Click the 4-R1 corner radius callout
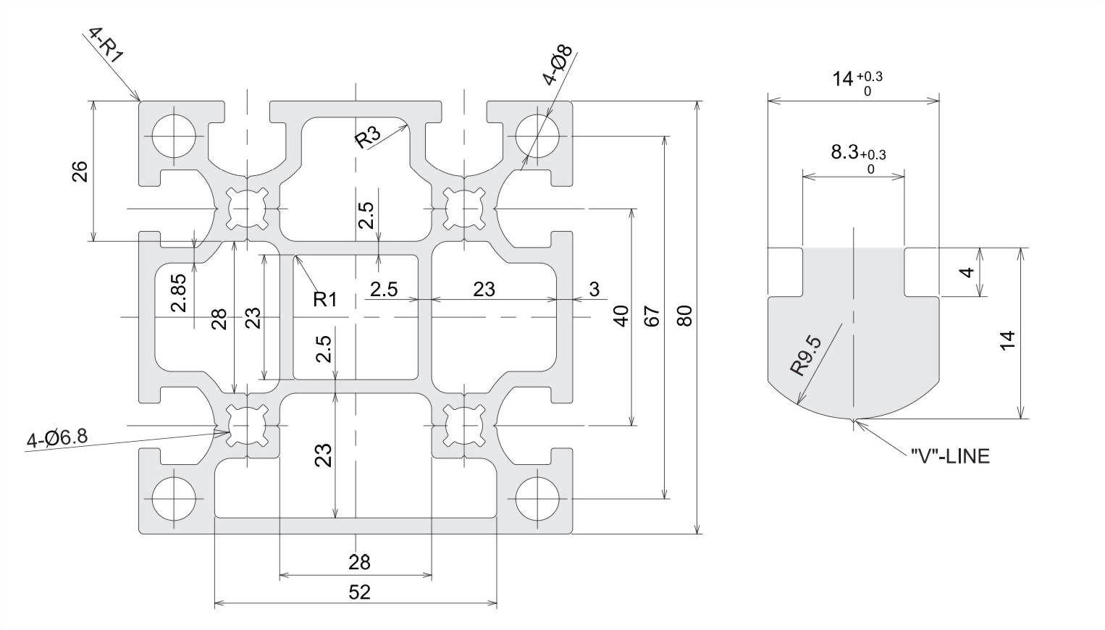(105, 46)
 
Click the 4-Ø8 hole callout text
(558, 64)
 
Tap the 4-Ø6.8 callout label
(57, 437)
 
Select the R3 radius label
(369, 138)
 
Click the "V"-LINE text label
(950, 456)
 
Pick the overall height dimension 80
(685, 316)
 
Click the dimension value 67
(652, 316)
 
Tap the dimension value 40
(621, 316)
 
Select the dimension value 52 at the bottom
(359, 592)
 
